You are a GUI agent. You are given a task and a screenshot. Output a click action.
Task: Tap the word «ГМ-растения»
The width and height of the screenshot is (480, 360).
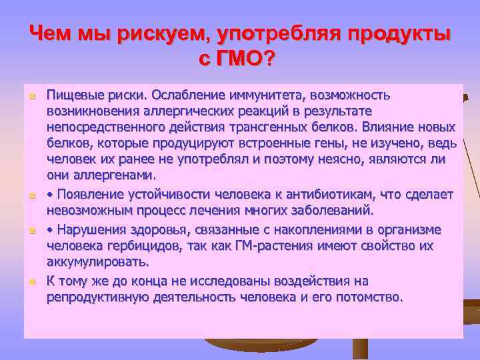pos(271,245)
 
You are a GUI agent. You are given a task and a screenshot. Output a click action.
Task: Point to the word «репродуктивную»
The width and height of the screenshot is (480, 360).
pos(93,297)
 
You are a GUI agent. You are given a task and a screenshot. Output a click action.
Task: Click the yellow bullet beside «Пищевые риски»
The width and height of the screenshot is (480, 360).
pos(31,96)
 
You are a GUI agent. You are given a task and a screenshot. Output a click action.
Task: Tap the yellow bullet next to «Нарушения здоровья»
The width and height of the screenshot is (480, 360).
pos(31,230)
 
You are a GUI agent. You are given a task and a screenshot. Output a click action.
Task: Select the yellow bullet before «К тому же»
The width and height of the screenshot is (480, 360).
pos(31,281)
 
